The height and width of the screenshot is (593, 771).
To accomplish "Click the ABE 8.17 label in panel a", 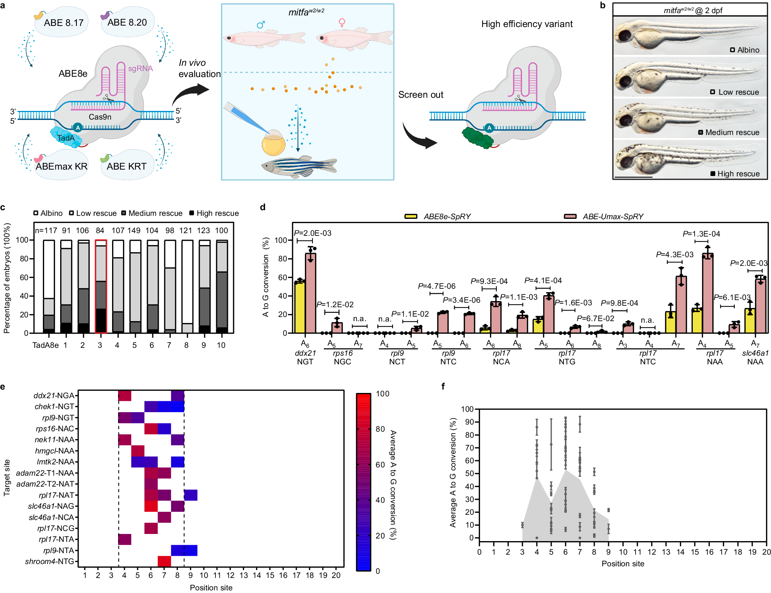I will click(x=64, y=23).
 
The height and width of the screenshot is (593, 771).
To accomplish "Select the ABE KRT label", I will click(x=126, y=166).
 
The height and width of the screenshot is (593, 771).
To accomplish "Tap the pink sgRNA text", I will click(x=140, y=68).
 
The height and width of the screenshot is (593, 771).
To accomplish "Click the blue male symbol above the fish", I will click(x=261, y=25).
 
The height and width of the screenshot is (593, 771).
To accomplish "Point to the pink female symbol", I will click(x=341, y=23).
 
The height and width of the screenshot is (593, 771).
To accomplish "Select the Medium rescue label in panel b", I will click(x=732, y=132).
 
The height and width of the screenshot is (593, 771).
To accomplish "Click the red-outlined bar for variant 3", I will click(x=100, y=286).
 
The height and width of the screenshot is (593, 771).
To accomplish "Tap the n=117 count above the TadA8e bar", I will click(x=46, y=231).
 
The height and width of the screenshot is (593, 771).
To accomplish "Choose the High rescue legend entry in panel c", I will click(x=214, y=213).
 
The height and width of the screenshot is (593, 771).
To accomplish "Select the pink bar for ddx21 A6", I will click(x=310, y=293).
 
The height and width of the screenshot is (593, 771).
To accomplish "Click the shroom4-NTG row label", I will click(x=49, y=561).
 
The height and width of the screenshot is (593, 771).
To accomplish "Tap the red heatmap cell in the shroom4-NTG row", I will click(x=164, y=561).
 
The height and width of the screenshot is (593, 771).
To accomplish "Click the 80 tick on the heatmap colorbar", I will click(x=383, y=429).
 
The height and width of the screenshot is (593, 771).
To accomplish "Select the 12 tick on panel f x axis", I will click(x=651, y=552).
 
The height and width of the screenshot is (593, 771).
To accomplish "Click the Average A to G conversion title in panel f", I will click(x=453, y=472).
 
